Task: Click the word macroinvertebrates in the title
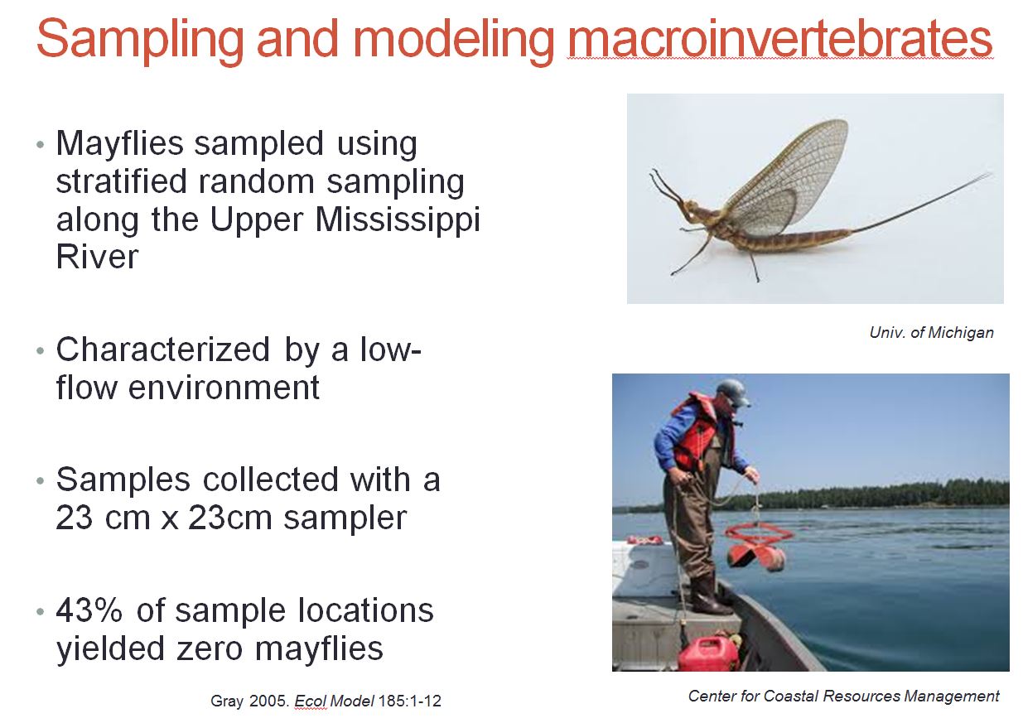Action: tap(779, 39)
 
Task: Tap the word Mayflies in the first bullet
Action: tap(119, 144)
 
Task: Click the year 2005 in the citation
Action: tap(263, 701)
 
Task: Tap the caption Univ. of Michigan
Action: tap(931, 332)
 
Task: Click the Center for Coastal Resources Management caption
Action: tap(843, 696)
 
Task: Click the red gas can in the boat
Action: tap(708, 653)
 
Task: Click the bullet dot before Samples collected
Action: tap(41, 481)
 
